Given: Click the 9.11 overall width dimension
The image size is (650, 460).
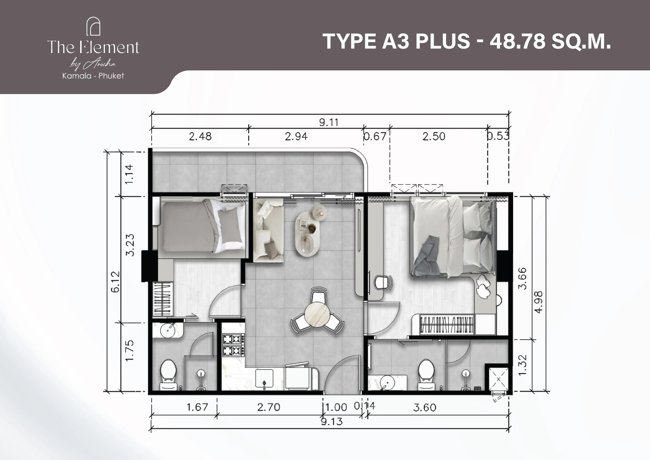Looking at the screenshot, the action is point(329,122).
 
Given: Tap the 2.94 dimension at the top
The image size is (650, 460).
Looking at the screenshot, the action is point(296,137).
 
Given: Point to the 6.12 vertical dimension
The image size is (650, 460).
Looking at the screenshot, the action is point(116,282).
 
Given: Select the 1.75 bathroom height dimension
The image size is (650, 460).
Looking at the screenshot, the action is point(129,351).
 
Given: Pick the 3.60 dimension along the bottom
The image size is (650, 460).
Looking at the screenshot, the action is point(425,408).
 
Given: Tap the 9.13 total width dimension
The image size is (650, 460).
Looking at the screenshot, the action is point(332,421).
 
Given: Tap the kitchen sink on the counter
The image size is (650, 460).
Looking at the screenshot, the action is point(264,378).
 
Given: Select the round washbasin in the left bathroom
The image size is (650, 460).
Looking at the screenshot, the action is point(168,330).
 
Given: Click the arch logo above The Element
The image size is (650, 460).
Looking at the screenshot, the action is point(93,26).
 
